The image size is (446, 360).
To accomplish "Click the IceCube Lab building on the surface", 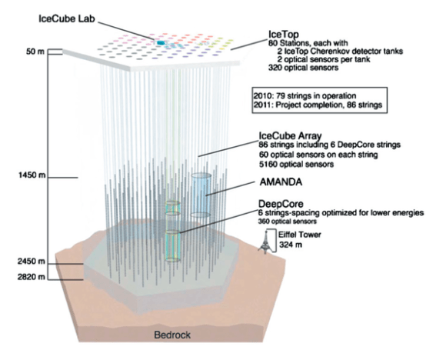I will point(161,45).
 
